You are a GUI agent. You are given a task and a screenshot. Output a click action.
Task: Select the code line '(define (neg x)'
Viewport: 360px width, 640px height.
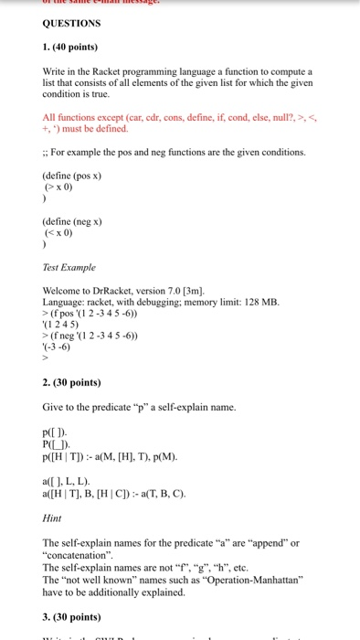click(72, 221)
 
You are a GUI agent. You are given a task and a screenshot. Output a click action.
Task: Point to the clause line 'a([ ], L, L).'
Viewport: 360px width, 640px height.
click(68, 481)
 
